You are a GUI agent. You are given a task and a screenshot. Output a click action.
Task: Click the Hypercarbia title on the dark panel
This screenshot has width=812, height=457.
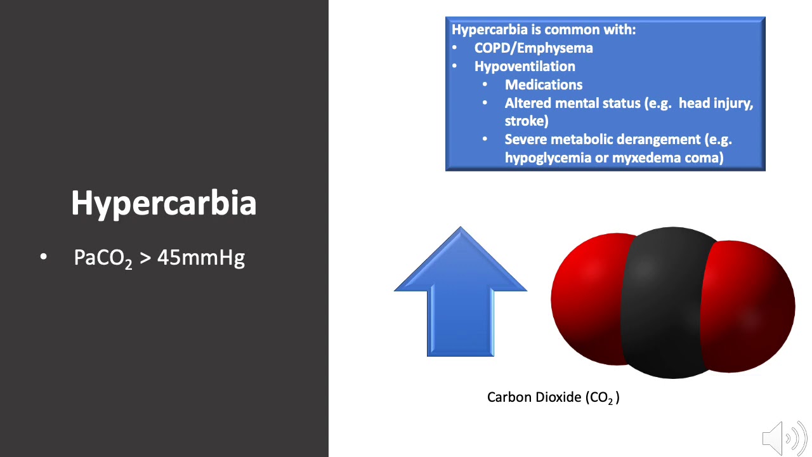pos(164,203)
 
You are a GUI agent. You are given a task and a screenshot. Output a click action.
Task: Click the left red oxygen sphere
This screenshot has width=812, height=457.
pos(587,298)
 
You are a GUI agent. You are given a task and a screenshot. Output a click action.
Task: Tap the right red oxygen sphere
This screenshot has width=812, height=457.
pos(752,305)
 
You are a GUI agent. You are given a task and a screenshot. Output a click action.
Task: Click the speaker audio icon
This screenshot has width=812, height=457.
pos(784,438)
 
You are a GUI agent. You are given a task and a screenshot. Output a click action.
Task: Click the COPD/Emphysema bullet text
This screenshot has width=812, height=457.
pos(534,48)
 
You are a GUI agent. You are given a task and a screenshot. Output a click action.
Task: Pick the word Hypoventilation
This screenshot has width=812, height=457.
pos(525,66)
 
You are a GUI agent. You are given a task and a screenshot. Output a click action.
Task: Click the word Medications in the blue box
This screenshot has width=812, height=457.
pos(544,84)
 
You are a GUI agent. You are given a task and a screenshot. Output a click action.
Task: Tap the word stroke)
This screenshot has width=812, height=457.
pos(527,121)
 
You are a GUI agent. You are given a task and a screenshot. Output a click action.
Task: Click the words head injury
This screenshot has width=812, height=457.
pos(716,103)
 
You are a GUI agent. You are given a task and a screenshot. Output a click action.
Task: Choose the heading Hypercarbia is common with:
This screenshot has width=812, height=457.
pos(544,29)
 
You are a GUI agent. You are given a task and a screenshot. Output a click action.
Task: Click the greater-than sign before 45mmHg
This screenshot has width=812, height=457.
pos(144,258)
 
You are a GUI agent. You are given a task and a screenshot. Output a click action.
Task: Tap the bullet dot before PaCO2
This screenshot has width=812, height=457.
pos(43,258)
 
